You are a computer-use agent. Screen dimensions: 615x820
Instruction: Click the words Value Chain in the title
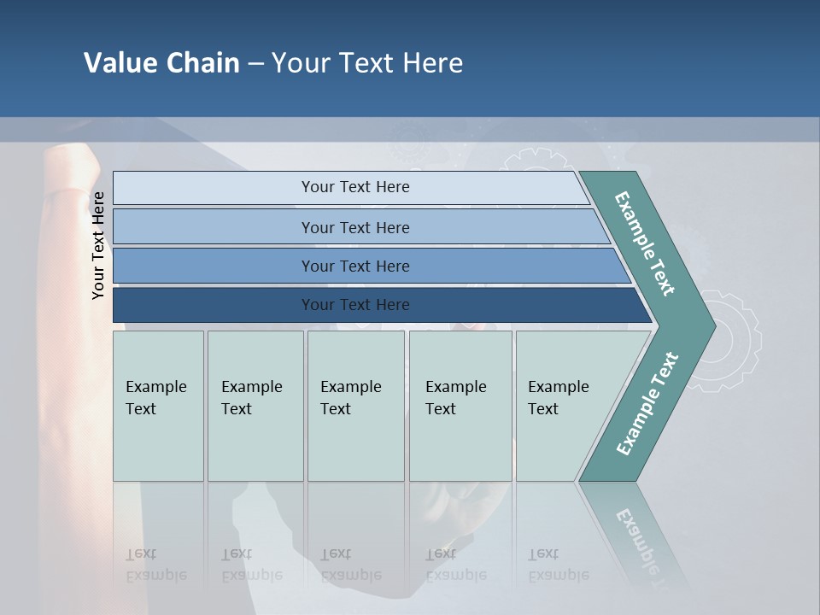click(161, 63)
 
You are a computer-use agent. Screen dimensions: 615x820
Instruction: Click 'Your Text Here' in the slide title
click(367, 63)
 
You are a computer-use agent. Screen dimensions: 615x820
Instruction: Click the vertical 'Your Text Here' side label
click(98, 245)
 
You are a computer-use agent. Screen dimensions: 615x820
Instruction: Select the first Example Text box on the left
click(158, 406)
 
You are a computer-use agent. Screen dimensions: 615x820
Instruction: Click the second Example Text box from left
click(255, 406)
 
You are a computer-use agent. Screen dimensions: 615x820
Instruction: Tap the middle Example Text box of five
click(355, 406)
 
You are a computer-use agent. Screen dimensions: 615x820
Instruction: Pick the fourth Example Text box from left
click(460, 406)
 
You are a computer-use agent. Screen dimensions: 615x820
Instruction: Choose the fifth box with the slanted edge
click(564, 406)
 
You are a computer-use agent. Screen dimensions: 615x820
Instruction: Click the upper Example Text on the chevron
click(645, 243)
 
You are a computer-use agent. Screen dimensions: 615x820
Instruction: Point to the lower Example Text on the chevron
click(647, 403)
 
